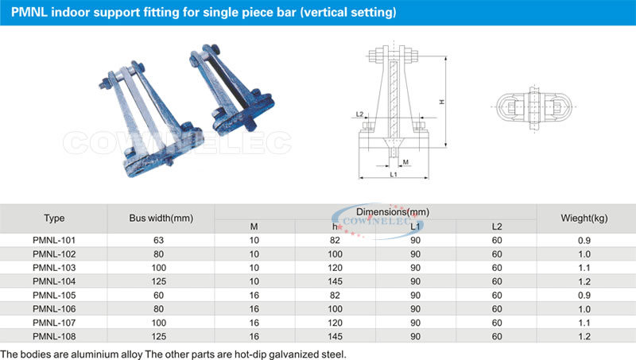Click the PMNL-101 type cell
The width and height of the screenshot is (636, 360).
tap(54, 240)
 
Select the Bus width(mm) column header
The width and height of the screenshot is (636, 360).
tap(161, 218)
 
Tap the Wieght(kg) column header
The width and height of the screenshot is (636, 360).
tap(584, 218)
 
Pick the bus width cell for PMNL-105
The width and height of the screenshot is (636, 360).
tap(158, 295)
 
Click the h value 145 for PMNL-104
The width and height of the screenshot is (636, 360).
tap(335, 281)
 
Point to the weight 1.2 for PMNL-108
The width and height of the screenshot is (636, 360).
tap(584, 336)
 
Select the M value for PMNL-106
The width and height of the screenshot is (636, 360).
tap(254, 309)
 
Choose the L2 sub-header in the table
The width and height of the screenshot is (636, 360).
tap(497, 226)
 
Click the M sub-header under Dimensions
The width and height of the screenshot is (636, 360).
tap(254, 226)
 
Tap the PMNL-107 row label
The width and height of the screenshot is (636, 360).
tap(54, 323)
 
